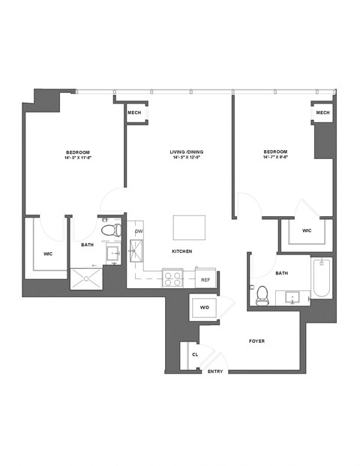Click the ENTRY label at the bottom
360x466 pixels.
coord(215,371)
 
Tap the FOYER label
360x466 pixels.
coord(256,341)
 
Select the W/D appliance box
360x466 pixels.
coord(204,308)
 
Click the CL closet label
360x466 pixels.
coord(195,354)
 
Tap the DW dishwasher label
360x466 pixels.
coord(139,231)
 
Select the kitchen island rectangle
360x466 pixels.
coord(188,226)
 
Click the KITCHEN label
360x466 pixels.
coord(182,251)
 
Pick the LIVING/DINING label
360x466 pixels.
coord(187,152)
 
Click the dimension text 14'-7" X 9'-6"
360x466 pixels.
coord(276,158)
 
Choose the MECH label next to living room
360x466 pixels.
coord(135,113)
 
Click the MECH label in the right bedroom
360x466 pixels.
coord(322,113)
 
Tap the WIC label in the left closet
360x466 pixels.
coord(48,254)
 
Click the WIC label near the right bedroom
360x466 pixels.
coord(307,230)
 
